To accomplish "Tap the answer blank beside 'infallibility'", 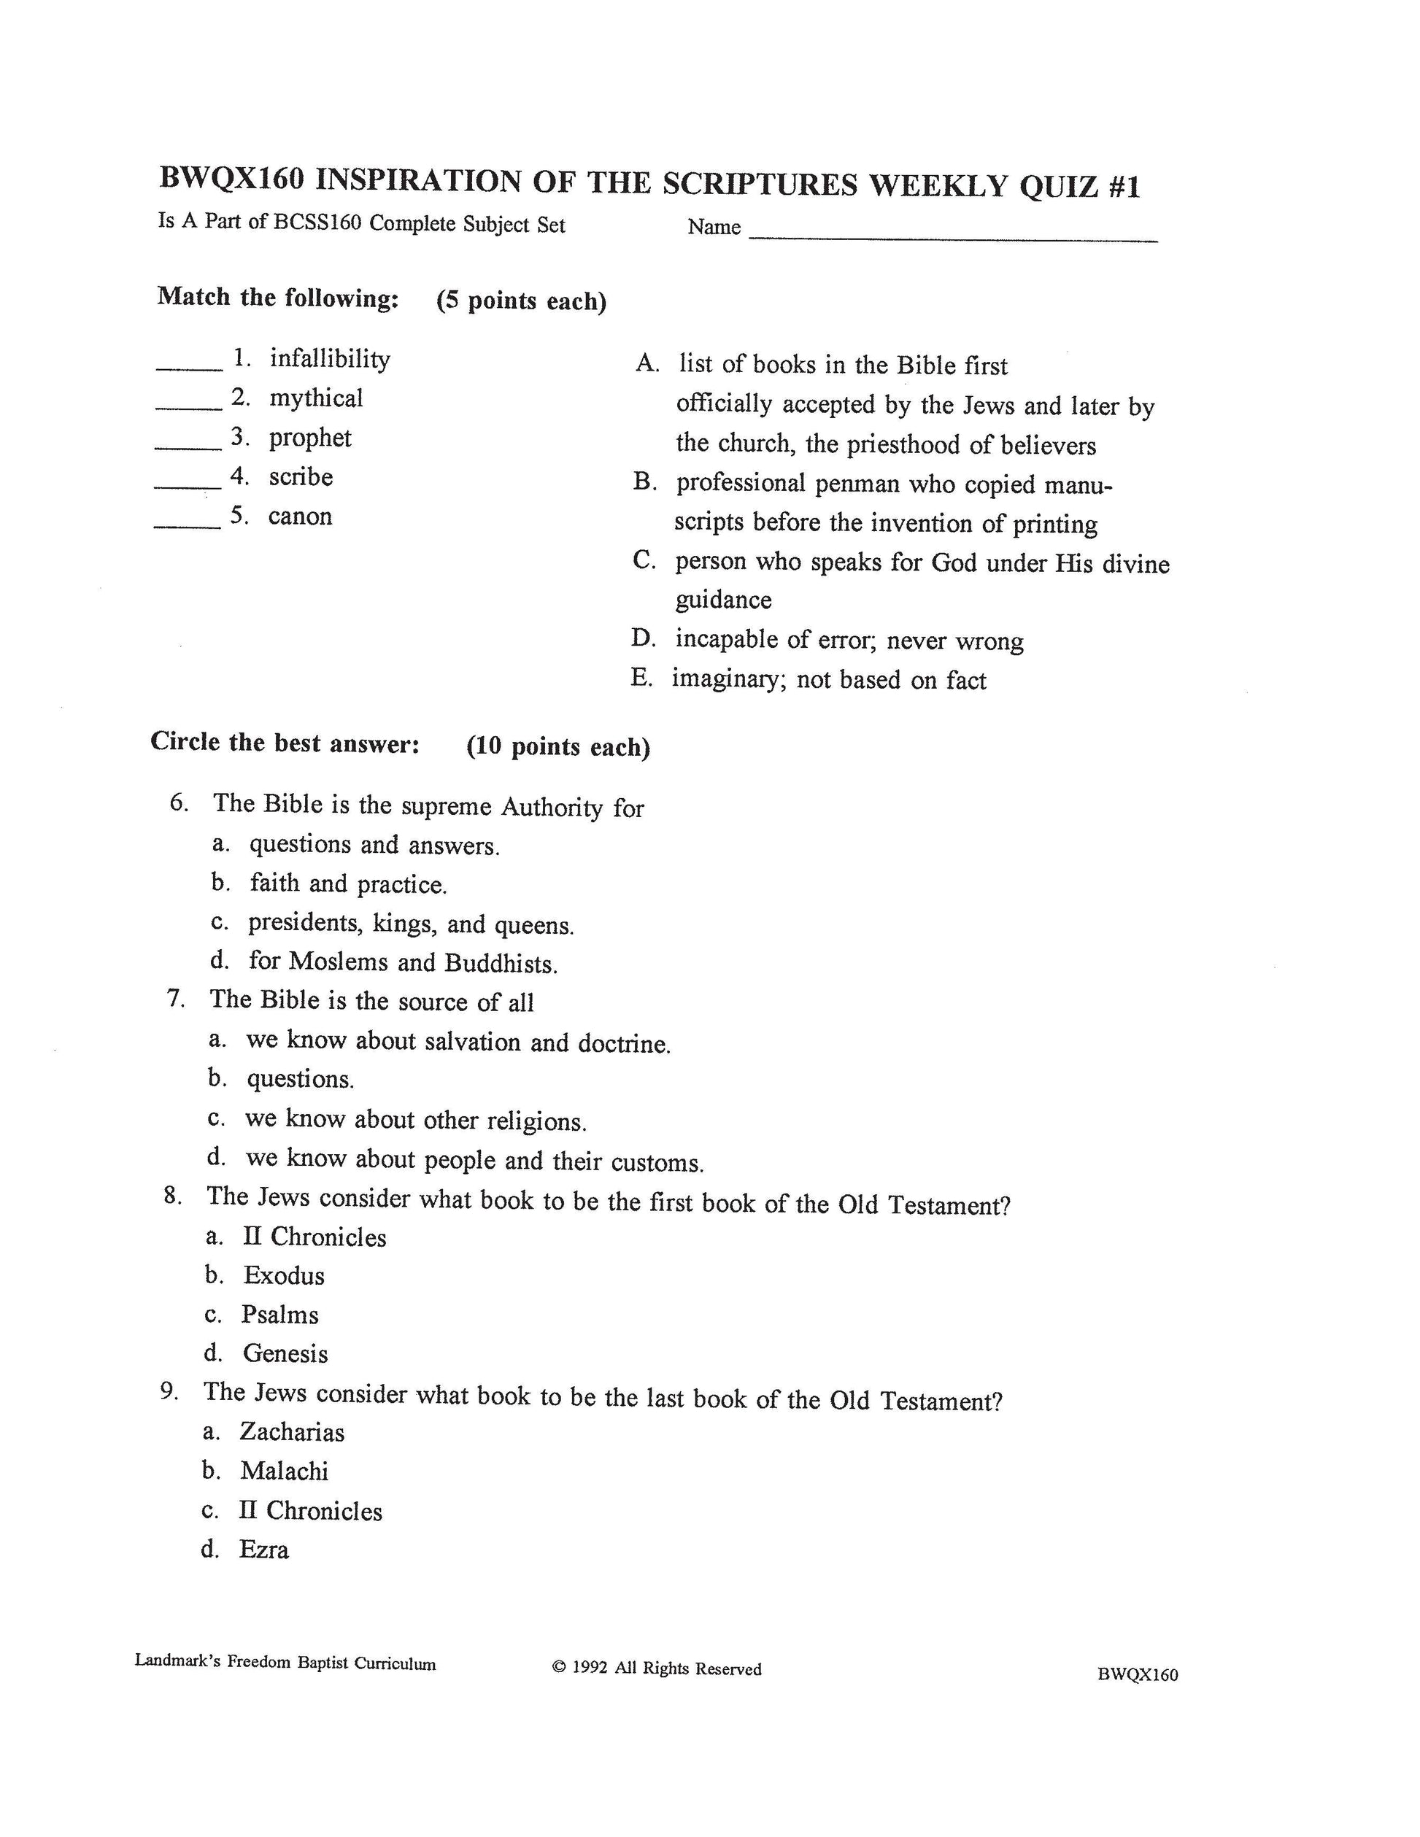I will pos(189,367).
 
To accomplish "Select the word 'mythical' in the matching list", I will pos(315,398).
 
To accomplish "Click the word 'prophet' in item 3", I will pos(309,438).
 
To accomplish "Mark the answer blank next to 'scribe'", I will pos(188,485).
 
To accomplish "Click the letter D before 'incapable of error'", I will pos(643,638).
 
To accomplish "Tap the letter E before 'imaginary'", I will pos(641,678).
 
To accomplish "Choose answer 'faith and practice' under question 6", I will pos(347,884).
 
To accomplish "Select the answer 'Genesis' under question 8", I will pos(285,1353).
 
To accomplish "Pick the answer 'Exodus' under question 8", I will pos(284,1276).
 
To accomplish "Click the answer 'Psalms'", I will pos(279,1315).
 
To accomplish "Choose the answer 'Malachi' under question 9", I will pos(284,1471).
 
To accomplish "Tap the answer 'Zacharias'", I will pos(291,1431).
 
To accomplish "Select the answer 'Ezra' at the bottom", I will pos(263,1550).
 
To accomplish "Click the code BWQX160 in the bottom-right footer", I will pos(1138,1674).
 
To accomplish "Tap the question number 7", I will pos(175,999).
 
